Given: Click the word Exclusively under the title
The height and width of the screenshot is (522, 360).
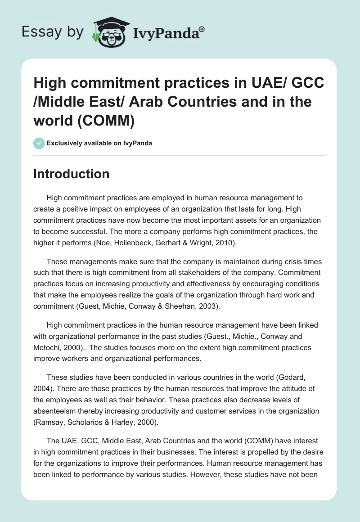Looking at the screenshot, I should point(66,144).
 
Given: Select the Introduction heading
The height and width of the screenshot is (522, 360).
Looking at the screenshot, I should point(71,174).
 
